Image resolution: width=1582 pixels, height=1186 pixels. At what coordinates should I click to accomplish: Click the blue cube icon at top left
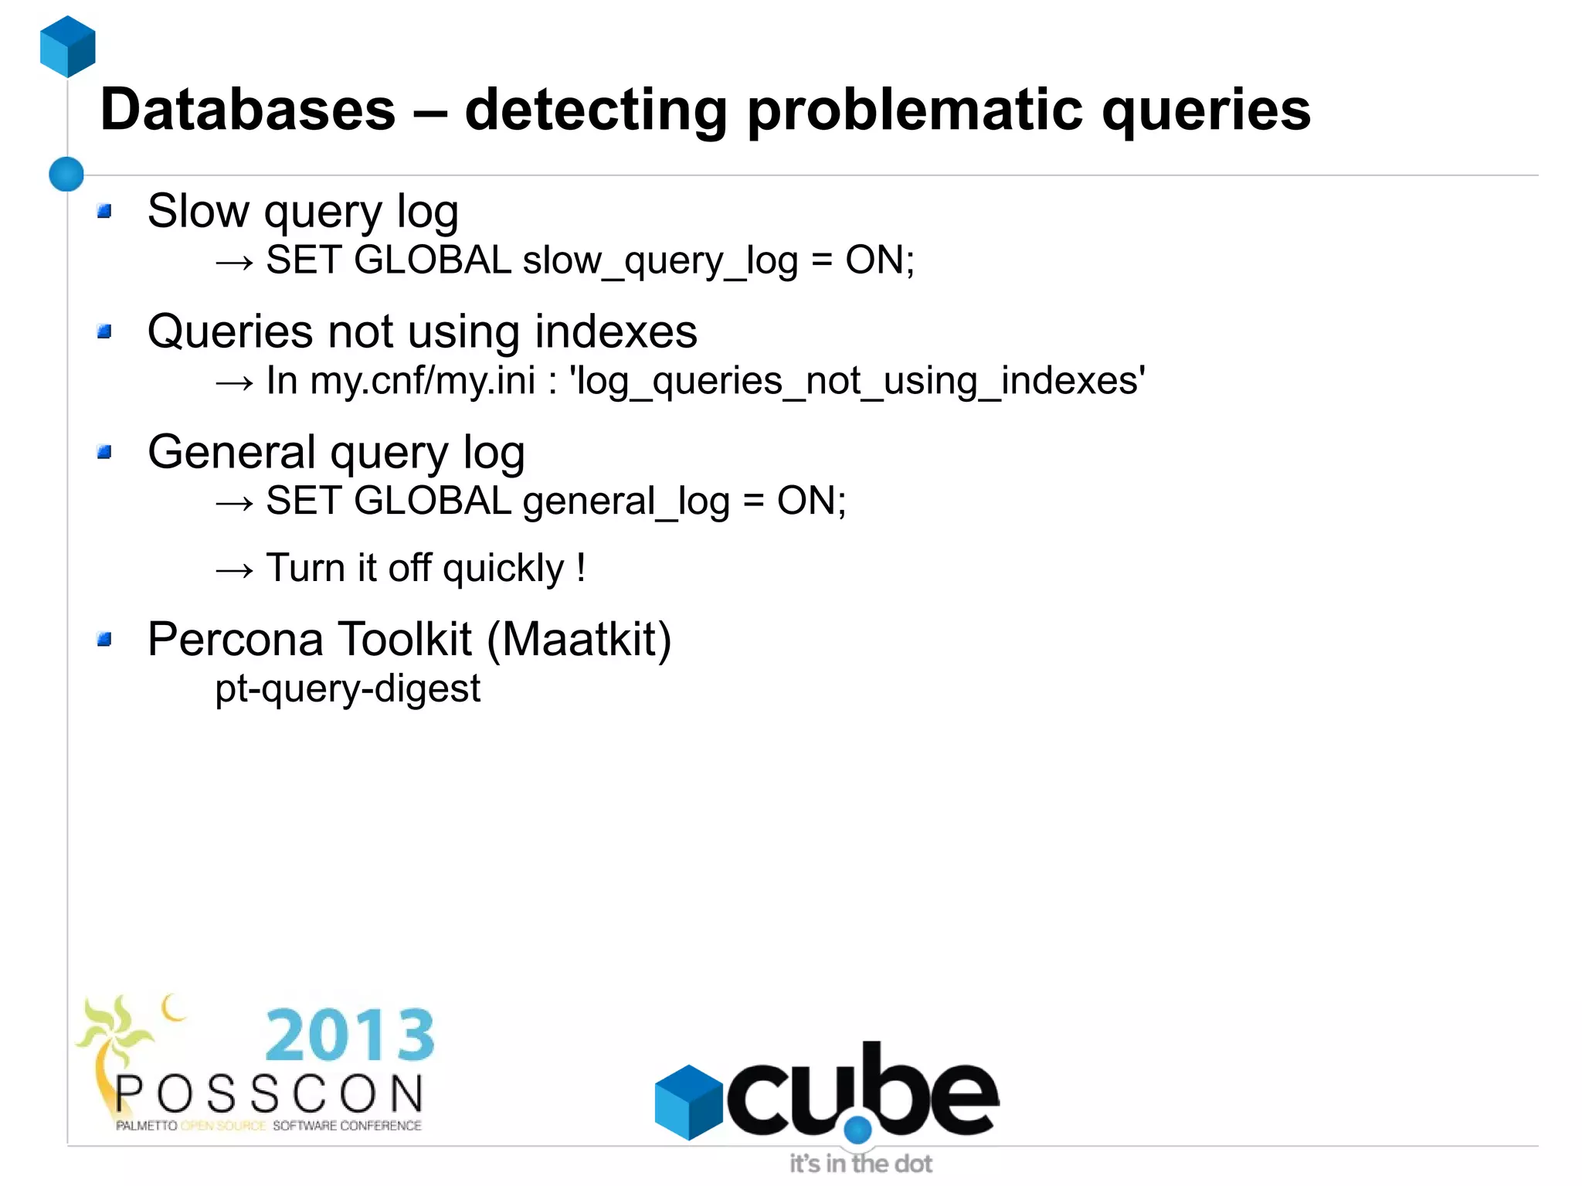click(68, 46)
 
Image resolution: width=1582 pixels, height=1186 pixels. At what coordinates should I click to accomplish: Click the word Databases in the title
click(248, 110)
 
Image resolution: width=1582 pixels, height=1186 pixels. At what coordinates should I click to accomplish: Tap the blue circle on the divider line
click(66, 174)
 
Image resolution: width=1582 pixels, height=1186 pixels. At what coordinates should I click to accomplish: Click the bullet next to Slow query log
click(105, 211)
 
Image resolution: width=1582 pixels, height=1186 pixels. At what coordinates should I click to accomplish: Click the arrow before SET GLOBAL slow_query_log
click(235, 263)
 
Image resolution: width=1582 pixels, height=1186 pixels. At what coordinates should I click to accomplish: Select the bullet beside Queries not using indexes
click(105, 331)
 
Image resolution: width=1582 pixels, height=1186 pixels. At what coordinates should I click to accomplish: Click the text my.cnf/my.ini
click(423, 381)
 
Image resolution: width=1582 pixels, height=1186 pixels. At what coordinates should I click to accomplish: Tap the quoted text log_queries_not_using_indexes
click(857, 381)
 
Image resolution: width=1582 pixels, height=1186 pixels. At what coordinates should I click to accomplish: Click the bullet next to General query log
click(105, 452)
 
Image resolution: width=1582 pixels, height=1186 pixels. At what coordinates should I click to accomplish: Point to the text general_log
click(626, 501)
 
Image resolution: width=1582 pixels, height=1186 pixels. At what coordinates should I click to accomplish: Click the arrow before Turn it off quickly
click(235, 570)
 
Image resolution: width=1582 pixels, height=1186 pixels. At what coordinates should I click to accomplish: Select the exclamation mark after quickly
click(581, 567)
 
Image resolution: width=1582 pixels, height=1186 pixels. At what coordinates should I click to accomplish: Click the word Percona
click(235, 640)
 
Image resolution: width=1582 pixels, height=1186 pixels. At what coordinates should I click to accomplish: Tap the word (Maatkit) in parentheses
click(579, 640)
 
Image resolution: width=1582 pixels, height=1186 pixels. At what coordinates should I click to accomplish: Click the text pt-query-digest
click(348, 688)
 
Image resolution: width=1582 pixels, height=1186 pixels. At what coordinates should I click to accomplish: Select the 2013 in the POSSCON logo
click(350, 1035)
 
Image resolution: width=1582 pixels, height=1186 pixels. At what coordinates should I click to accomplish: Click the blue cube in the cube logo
click(688, 1102)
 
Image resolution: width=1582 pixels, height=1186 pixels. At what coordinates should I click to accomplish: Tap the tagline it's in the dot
click(861, 1164)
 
